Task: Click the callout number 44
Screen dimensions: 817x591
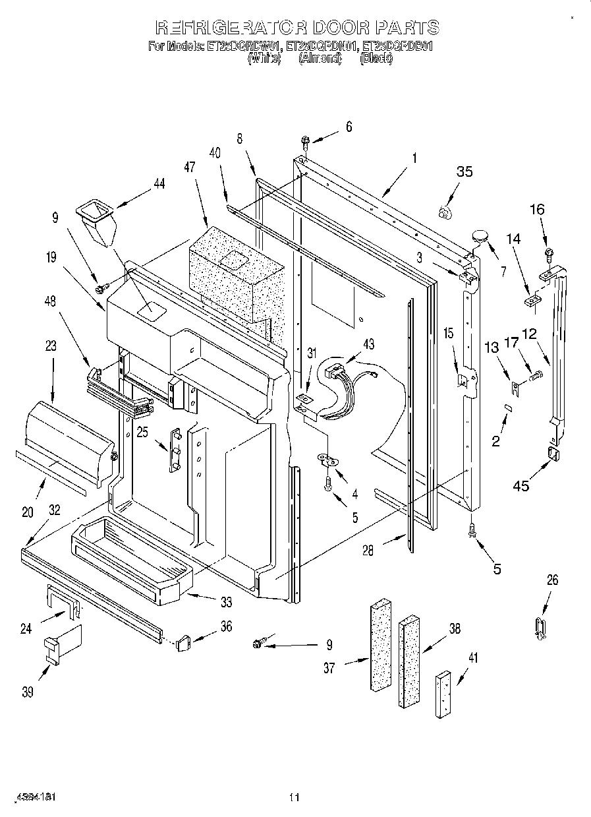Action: pos(159,184)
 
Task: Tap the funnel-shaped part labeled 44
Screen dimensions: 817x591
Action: pos(96,223)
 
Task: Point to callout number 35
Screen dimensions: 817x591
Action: pos(464,172)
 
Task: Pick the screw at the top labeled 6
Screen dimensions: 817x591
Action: pos(306,140)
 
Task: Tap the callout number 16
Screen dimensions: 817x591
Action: pos(537,210)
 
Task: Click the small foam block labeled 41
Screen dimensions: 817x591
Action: pos(443,694)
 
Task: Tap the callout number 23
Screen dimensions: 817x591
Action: pos(51,345)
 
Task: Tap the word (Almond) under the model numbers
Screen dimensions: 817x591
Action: pos(320,58)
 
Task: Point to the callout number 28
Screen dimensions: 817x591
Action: pos(368,550)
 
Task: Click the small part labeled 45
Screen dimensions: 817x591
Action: pos(552,454)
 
